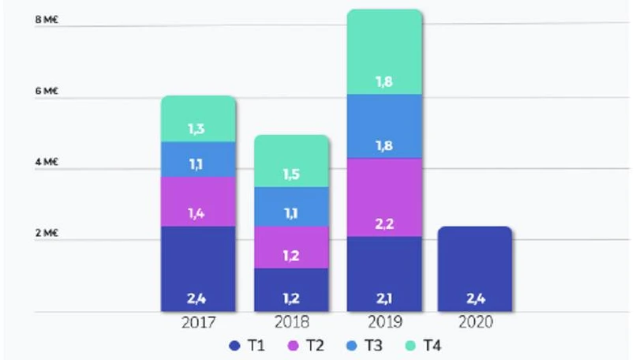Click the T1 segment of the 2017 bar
[198, 268]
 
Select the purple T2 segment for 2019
[384, 197]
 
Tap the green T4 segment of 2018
[291, 161]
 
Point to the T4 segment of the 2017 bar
[198, 118]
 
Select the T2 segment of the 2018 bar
[291, 247]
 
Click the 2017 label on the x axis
[198, 322]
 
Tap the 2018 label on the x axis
[291, 322]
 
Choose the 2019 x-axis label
[384, 322]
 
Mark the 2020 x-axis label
[476, 322]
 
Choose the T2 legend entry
[305, 345]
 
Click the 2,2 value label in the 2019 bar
[384, 225]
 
